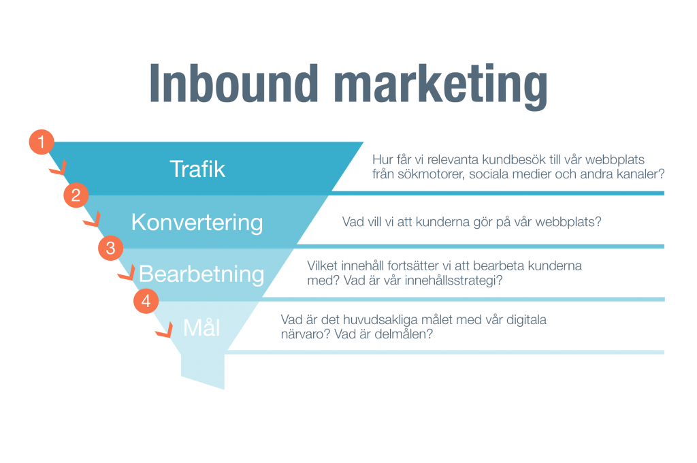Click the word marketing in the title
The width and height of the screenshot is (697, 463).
(x=440, y=86)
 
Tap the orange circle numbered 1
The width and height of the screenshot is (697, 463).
(x=42, y=142)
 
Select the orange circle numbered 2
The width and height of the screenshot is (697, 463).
(x=76, y=195)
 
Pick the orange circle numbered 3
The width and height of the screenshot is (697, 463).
(x=111, y=248)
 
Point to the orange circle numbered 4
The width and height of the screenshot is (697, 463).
(x=146, y=301)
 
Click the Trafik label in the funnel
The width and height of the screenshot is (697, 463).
(x=197, y=169)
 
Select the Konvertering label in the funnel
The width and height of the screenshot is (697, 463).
(x=197, y=223)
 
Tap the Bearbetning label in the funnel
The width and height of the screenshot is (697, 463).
(x=201, y=274)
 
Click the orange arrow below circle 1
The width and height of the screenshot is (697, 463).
(x=59, y=167)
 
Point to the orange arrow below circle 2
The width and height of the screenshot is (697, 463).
(x=92, y=220)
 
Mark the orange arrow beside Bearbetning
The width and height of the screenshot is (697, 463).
(x=127, y=272)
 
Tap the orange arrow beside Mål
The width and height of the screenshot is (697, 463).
(x=165, y=330)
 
